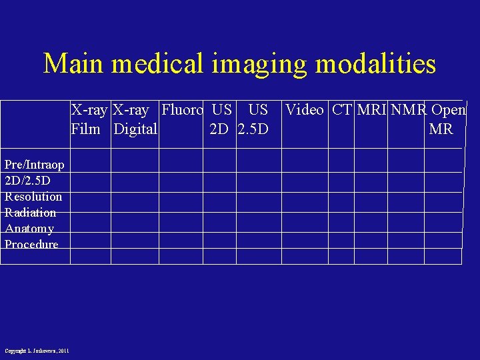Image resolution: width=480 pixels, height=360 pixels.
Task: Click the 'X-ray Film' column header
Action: click(x=90, y=119)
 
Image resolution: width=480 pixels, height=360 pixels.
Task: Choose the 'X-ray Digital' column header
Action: click(x=135, y=119)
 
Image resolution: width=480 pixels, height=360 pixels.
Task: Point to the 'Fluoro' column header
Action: click(x=181, y=110)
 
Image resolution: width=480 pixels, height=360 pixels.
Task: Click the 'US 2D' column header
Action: click(x=221, y=119)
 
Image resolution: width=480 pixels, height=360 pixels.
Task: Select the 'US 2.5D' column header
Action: click(x=254, y=119)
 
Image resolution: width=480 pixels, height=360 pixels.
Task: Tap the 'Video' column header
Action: click(x=304, y=110)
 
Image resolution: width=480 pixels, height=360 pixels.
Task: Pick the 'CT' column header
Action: click(x=341, y=110)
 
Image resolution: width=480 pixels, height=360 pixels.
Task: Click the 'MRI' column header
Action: click(x=372, y=110)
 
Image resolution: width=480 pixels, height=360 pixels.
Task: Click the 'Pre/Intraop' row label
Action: click(x=35, y=165)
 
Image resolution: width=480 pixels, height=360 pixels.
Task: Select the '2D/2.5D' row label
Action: click(x=27, y=181)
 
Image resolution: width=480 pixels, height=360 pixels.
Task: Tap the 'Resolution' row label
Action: click(x=33, y=197)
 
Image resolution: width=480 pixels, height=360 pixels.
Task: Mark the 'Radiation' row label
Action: click(x=31, y=213)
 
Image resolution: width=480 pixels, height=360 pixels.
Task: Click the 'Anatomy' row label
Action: click(x=29, y=229)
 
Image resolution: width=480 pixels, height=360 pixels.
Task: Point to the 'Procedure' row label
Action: click(x=31, y=245)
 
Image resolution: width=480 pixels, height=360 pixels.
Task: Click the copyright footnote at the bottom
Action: click(x=37, y=351)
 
